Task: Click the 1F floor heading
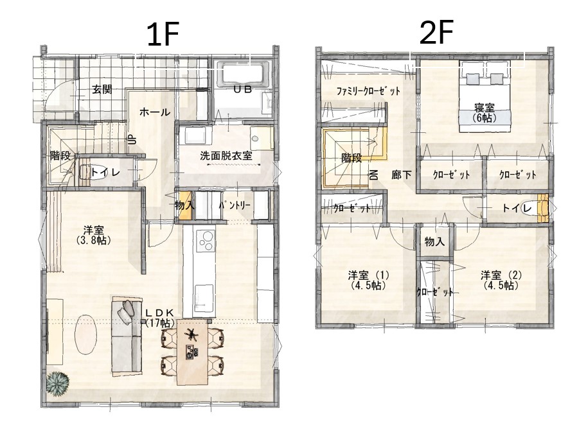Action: (x=163, y=35)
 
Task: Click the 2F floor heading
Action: (x=436, y=33)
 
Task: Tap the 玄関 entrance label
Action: (x=102, y=90)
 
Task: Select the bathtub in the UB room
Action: (x=242, y=74)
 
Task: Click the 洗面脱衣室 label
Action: (x=226, y=155)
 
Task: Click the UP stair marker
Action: (x=131, y=140)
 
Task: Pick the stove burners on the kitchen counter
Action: (x=205, y=240)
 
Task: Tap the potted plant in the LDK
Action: (x=58, y=384)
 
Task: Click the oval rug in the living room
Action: (x=86, y=334)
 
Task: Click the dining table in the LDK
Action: (x=192, y=352)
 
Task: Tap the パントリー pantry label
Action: (x=235, y=205)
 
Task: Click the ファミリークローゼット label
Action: (x=368, y=91)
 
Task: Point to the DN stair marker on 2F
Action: (x=373, y=175)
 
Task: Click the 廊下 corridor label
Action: (x=401, y=175)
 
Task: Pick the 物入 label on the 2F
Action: (x=434, y=242)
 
